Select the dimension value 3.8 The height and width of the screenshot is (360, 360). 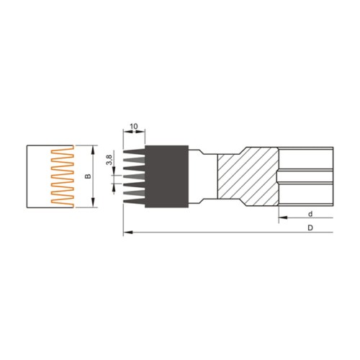109,159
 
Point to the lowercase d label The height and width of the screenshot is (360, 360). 309,214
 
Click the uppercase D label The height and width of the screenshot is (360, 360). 309,228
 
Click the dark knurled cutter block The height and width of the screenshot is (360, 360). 167,177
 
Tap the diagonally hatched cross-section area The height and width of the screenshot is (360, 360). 245,177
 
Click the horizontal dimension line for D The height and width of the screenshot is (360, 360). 230,233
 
